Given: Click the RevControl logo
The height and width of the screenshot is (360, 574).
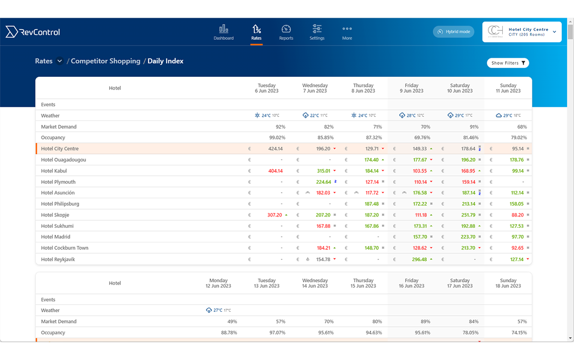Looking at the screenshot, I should click(33, 32).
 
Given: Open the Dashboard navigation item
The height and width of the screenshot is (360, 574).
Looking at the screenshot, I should click(224, 32).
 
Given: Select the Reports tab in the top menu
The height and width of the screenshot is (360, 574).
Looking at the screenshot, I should click(286, 32).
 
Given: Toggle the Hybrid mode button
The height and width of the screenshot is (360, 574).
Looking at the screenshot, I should click(453, 32).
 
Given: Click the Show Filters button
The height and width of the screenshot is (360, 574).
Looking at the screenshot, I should click(508, 63).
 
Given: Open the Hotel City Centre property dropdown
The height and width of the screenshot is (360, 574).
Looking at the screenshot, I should click(522, 32).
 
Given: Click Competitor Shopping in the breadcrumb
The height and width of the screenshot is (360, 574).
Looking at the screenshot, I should click(106, 61).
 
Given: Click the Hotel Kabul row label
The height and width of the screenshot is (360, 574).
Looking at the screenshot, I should click(54, 171).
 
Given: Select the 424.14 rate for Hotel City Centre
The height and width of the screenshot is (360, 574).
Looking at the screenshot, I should click(275, 149).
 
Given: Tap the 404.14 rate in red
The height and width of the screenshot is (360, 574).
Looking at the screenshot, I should click(275, 171).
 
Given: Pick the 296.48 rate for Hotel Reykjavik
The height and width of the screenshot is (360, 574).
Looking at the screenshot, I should click(419, 259).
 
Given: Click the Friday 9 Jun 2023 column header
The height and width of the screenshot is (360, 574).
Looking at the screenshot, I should click(412, 88).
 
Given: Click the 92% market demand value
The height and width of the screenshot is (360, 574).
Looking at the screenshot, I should click(280, 127).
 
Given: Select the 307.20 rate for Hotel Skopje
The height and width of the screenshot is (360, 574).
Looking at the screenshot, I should click(275, 215).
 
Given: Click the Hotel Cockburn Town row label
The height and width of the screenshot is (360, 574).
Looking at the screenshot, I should click(65, 248).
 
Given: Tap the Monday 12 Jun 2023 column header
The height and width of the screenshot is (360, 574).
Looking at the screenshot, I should click(219, 283).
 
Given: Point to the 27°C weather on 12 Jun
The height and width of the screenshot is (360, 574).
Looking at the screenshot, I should click(218, 310).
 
